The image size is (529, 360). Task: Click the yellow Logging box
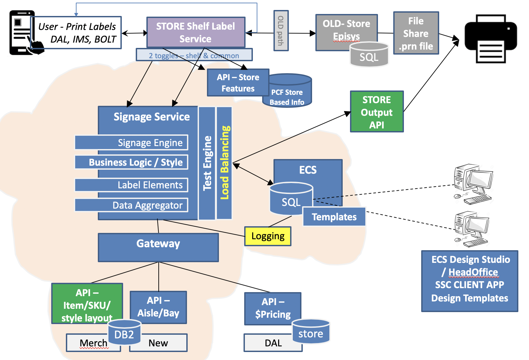click(x=268, y=236)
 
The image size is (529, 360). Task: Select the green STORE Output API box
click(x=377, y=112)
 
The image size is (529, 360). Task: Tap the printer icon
click(x=490, y=39)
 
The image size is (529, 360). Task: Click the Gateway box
click(x=158, y=247)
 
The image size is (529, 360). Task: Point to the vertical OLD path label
click(x=281, y=31)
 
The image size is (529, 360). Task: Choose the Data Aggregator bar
click(x=131, y=205)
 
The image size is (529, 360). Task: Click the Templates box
click(x=334, y=217)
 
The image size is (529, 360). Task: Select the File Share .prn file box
click(x=416, y=33)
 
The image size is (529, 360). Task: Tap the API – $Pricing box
click(x=272, y=308)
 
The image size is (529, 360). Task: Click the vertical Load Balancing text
click(x=225, y=163)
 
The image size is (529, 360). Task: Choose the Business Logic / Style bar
click(x=131, y=162)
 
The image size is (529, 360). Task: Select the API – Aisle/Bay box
click(x=158, y=307)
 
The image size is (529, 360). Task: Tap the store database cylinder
click(x=311, y=331)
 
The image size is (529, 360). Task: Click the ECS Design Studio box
click(x=469, y=281)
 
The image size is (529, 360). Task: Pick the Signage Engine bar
click(x=131, y=143)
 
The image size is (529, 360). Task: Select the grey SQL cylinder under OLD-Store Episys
click(x=369, y=55)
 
